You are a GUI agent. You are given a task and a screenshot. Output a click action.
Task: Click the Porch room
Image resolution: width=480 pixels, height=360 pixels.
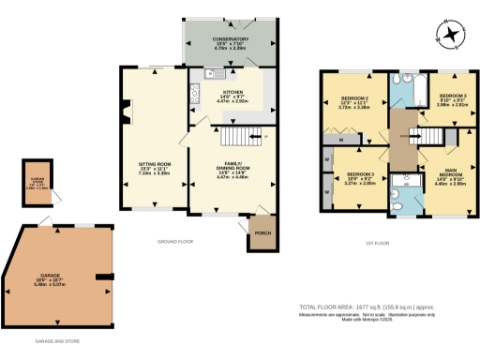click(262, 234)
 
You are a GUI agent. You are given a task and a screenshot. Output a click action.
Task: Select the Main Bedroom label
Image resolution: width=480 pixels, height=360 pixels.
click(444, 175)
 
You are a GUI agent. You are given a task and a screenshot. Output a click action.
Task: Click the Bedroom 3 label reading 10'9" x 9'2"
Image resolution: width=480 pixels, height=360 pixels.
click(361, 179)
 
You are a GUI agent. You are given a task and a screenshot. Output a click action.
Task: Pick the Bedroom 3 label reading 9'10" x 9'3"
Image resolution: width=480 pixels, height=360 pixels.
click(453, 100)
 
